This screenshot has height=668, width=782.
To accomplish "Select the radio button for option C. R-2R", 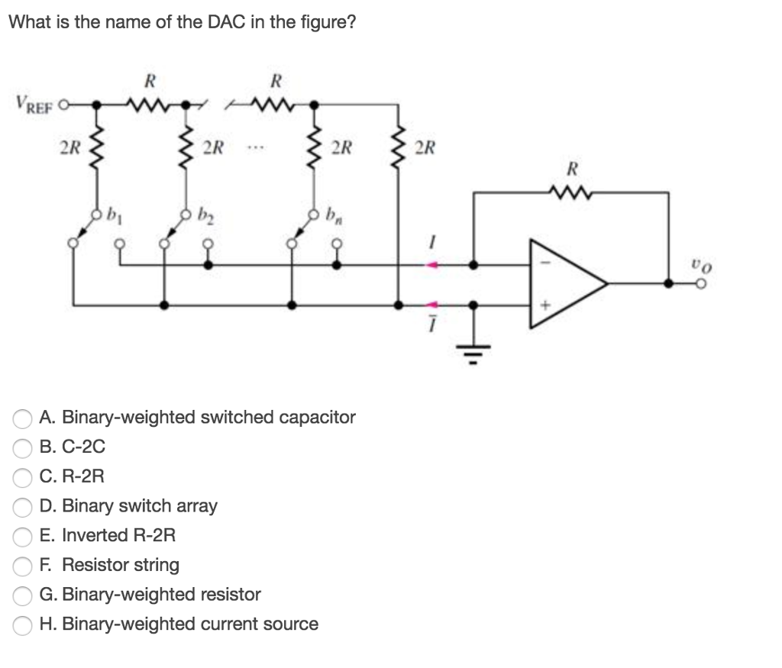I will [x=23, y=477].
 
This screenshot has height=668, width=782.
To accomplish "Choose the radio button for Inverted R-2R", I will [x=23, y=536].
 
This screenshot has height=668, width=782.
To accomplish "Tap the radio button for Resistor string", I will [x=23, y=566].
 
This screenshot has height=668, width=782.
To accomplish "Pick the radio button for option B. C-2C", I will [x=23, y=447].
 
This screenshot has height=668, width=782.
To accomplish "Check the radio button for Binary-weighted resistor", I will [x=23, y=595].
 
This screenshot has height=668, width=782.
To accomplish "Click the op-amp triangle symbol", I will [x=565, y=283].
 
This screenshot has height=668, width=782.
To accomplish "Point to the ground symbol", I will [x=474, y=352].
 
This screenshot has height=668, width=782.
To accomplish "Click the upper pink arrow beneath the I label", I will [x=433, y=266].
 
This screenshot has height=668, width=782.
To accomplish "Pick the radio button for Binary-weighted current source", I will [x=23, y=624].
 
